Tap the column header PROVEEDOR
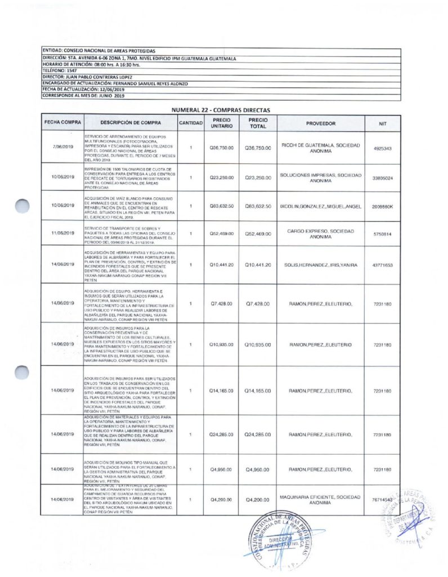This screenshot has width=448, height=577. point(321,123)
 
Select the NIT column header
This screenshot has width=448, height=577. point(383,123)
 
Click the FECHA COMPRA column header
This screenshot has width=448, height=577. point(62,123)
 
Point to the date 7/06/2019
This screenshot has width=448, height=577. point(62,148)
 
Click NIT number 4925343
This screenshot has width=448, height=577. point(383,148)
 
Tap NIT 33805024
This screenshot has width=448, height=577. point(383,177)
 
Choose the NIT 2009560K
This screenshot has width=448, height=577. point(383,206)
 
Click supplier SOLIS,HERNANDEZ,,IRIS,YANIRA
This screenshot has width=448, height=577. point(321,264)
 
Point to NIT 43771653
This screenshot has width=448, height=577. point(383,264)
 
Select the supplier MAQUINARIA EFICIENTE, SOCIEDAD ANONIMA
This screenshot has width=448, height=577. point(321,499)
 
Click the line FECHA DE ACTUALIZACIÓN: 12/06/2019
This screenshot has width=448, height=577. point(83,89)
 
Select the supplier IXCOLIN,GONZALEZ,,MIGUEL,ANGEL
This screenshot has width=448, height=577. point(321,206)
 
